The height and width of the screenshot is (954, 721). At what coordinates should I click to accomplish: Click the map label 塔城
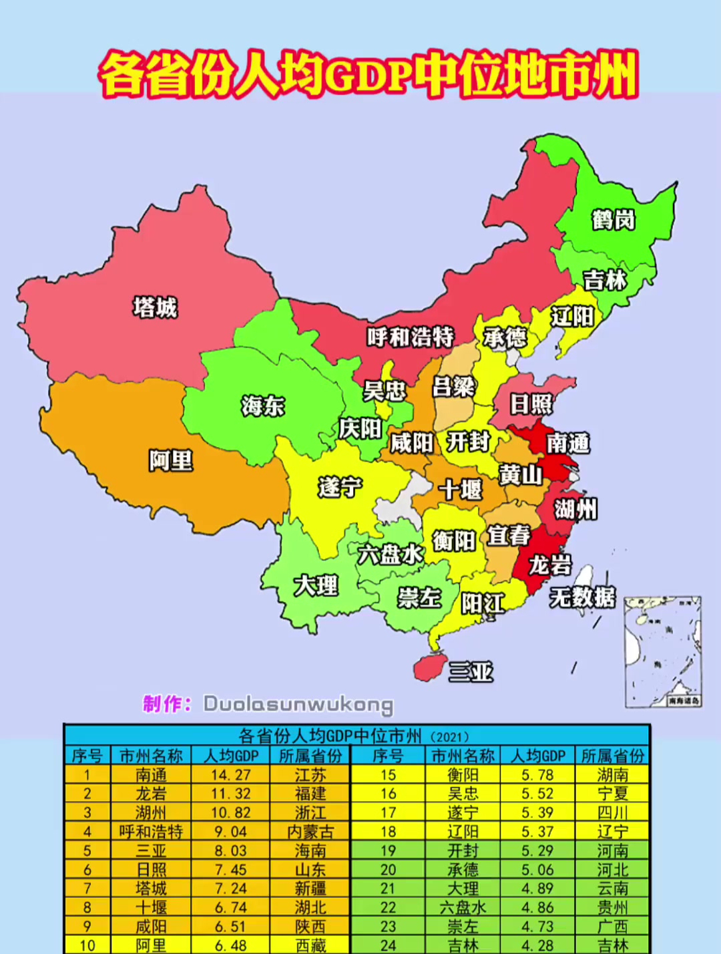(x=155, y=307)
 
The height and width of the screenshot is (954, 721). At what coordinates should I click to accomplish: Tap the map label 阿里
(x=171, y=460)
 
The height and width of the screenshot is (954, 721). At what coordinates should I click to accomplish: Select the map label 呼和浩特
(x=410, y=337)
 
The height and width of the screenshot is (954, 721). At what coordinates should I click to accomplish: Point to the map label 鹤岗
(x=613, y=219)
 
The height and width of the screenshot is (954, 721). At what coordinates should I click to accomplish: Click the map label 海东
(x=263, y=406)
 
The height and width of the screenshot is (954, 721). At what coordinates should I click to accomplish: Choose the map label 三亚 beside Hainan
(x=471, y=671)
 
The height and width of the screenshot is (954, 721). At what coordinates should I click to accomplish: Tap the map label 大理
(x=316, y=585)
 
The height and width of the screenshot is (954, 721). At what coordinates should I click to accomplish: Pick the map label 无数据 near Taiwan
(x=582, y=597)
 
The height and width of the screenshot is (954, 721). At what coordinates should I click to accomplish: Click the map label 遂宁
(x=340, y=487)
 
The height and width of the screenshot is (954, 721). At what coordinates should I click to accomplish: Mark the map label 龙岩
(x=550, y=565)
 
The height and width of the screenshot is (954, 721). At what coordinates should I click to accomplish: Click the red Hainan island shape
(x=430, y=667)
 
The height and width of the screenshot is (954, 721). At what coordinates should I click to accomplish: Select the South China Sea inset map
(x=663, y=652)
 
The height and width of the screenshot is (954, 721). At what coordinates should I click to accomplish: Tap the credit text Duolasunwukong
(x=298, y=704)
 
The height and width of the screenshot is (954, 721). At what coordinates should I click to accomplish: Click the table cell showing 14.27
(x=230, y=775)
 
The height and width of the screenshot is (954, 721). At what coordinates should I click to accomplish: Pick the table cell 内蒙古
(x=310, y=832)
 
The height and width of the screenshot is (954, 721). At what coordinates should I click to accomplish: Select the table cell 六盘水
(x=463, y=907)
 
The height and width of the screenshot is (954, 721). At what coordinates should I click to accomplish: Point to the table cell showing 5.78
(x=537, y=775)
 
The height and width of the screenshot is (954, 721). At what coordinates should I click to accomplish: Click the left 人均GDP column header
(x=230, y=756)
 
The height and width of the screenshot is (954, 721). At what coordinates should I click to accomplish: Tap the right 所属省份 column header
(x=612, y=756)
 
